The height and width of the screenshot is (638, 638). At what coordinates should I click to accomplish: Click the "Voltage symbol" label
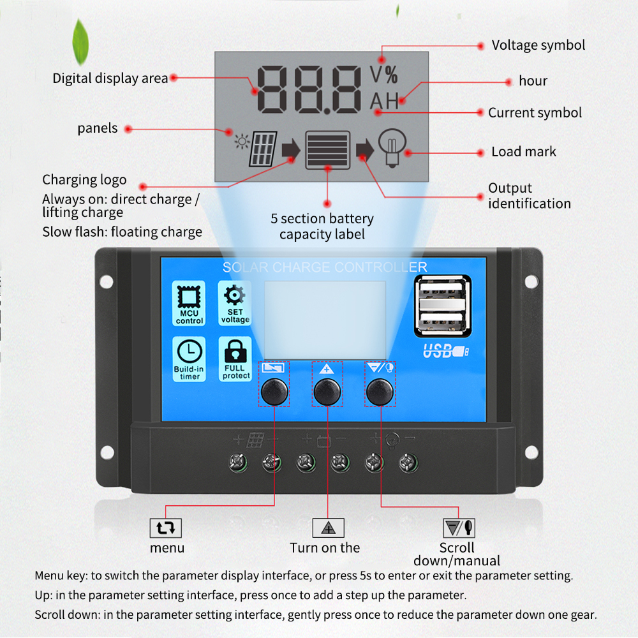[538, 45]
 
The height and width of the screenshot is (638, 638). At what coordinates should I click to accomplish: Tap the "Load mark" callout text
[523, 152]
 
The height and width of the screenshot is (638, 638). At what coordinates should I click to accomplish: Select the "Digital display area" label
[110, 78]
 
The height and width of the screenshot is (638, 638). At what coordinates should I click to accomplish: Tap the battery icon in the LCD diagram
[327, 149]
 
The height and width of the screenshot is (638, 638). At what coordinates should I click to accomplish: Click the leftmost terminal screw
[238, 463]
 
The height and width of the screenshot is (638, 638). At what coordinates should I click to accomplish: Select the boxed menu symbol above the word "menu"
[166, 528]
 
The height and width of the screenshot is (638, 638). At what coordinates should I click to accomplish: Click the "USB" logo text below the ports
[440, 350]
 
